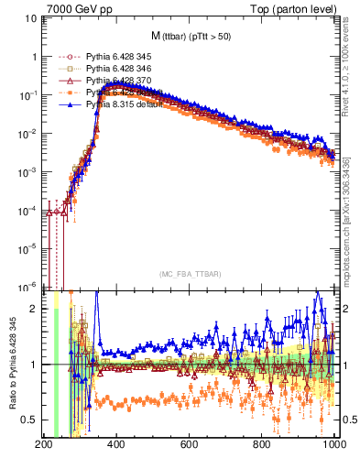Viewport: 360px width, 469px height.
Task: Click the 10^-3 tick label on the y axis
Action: pos(27,171)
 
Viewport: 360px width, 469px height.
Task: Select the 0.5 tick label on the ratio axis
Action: pos(28,420)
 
